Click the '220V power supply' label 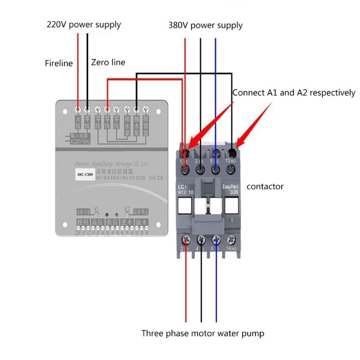click(x=84, y=24)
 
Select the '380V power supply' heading click(x=205, y=25)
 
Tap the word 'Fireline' click(x=58, y=63)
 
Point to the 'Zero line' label click(x=108, y=63)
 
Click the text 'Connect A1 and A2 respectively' click(x=293, y=93)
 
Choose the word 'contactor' click(x=265, y=186)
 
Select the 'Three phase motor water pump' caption click(x=202, y=333)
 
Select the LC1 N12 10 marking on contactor click(x=185, y=189)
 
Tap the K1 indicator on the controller click(x=96, y=209)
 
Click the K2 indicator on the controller click(x=127, y=209)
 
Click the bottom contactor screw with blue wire click(x=216, y=239)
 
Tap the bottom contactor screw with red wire click(x=185, y=239)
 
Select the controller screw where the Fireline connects click(x=78, y=109)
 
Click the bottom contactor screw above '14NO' click(x=231, y=239)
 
